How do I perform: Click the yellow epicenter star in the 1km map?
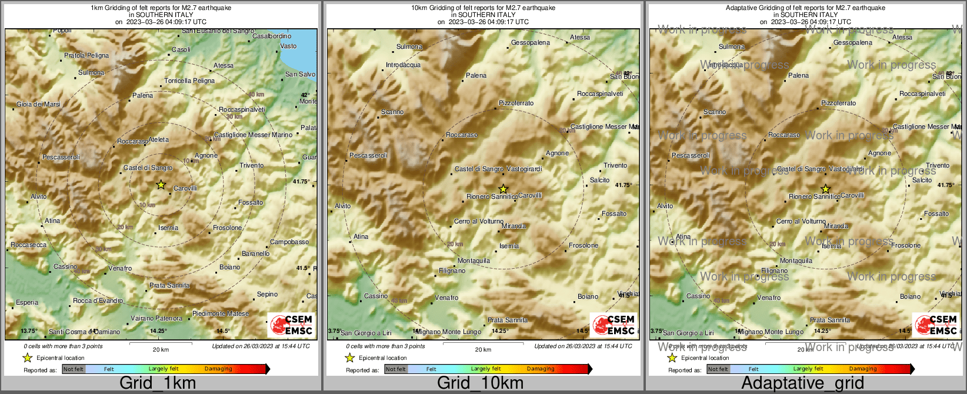click(x=161, y=185)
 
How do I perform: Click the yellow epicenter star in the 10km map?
click(x=503, y=189)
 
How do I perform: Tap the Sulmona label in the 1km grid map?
click(x=91, y=73)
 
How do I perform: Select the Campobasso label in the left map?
click(x=289, y=242)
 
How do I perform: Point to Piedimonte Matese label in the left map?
click(x=221, y=313)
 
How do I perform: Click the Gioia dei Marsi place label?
click(x=38, y=104)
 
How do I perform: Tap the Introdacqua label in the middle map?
click(x=403, y=65)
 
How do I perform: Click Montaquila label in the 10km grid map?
click(x=474, y=261)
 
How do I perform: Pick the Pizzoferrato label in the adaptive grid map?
click(x=838, y=103)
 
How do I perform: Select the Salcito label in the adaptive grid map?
click(x=922, y=180)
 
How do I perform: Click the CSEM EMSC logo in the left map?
click(x=291, y=325)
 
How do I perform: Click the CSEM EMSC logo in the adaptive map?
click(x=936, y=325)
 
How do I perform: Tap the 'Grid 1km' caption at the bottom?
click(x=158, y=383)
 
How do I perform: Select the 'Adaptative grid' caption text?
click(x=802, y=383)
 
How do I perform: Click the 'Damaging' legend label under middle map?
click(x=541, y=369)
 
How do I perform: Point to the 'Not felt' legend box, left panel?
click(x=74, y=369)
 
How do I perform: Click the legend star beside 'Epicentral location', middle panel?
click(x=349, y=358)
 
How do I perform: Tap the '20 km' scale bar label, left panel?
click(x=161, y=349)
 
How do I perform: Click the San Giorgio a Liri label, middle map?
click(x=366, y=333)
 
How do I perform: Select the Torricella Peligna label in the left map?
click(x=189, y=81)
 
